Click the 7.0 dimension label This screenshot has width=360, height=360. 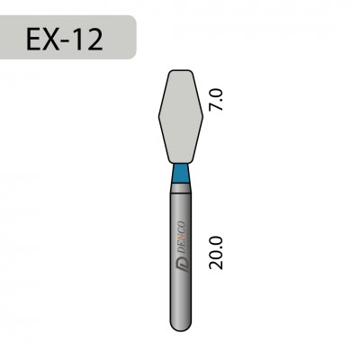(214, 99)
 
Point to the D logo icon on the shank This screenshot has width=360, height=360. (183, 264)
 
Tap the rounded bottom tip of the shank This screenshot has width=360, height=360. (183, 327)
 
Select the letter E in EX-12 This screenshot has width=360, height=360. (35, 38)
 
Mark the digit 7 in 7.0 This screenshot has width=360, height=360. (214, 108)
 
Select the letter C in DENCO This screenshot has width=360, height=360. (183, 226)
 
